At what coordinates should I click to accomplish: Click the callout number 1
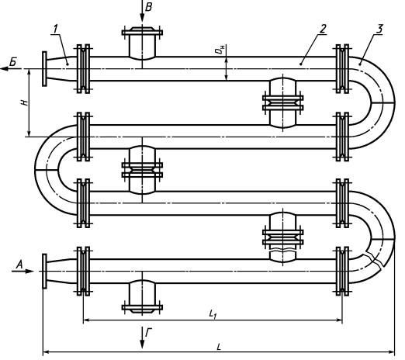pyautogui.click(x=55, y=29)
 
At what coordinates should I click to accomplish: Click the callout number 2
pyautogui.click(x=323, y=29)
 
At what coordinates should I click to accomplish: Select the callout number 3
pyautogui.click(x=379, y=29)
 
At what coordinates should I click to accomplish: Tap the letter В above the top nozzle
pyautogui.click(x=148, y=7)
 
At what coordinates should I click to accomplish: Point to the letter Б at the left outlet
pyautogui.click(x=13, y=62)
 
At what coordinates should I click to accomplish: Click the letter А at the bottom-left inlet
pyautogui.click(x=19, y=265)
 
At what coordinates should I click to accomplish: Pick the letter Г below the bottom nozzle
pyautogui.click(x=148, y=332)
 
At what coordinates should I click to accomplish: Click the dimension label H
pyautogui.click(x=24, y=102)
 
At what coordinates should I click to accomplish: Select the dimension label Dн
pyautogui.click(x=220, y=49)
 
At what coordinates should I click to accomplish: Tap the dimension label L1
pyautogui.click(x=213, y=313)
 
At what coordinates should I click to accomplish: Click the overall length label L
pyautogui.click(x=219, y=347)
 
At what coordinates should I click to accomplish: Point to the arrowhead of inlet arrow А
pyautogui.click(x=30, y=271)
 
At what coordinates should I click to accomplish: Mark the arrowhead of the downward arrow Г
pyautogui.click(x=142, y=344)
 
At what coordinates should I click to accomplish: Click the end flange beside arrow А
pyautogui.click(x=44, y=271)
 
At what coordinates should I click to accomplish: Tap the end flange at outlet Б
pyautogui.click(x=44, y=69)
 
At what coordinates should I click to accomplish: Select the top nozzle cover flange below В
pyautogui.click(x=142, y=32)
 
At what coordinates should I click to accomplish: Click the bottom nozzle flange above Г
pyautogui.click(x=142, y=309)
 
